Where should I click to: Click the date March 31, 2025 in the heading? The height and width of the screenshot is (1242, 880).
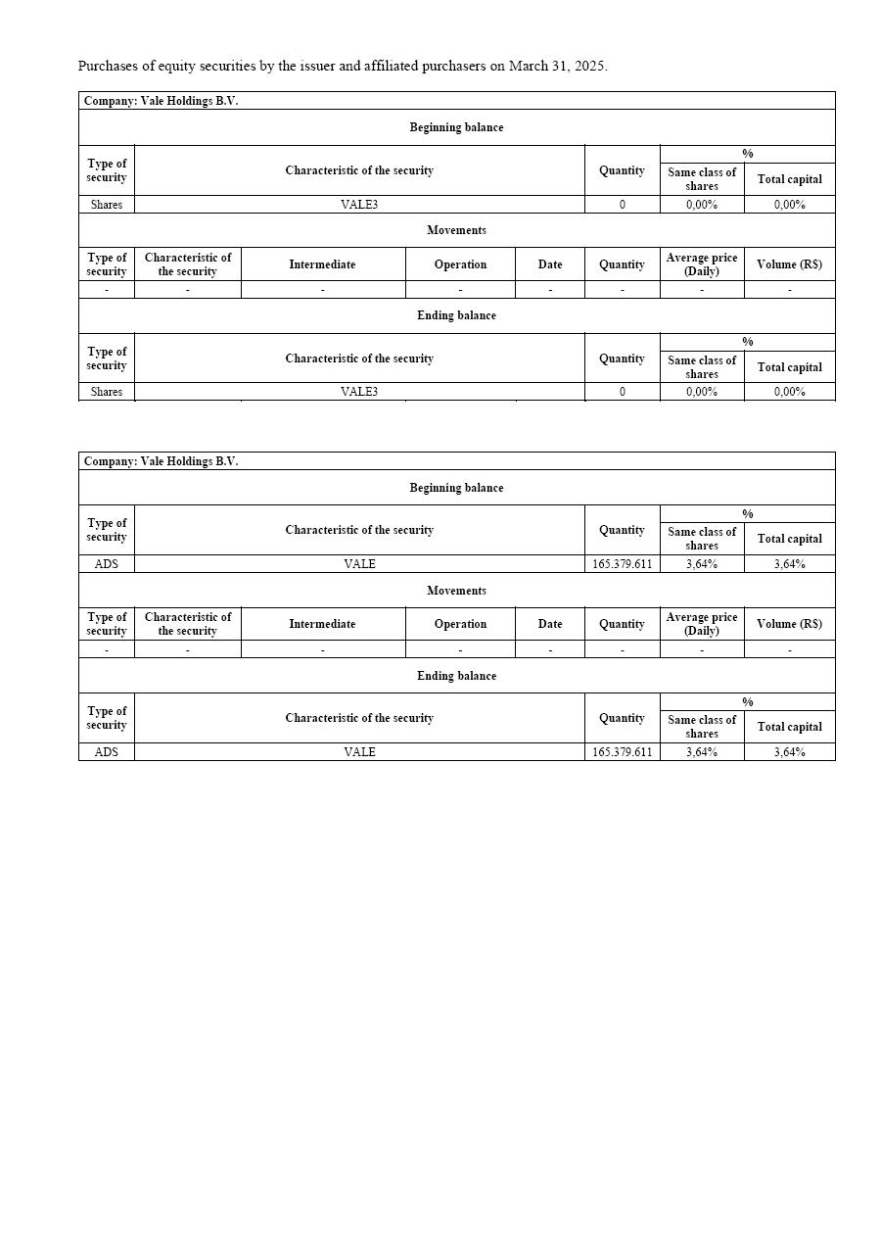pyautogui.click(x=557, y=67)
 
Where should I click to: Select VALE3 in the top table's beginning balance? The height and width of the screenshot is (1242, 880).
pyautogui.click(x=359, y=205)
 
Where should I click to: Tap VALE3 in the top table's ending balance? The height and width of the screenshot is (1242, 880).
pyautogui.click(x=359, y=392)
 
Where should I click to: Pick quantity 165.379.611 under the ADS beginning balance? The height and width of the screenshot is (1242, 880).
pyautogui.click(x=622, y=564)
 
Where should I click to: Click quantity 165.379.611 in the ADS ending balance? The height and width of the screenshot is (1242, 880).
pyautogui.click(x=622, y=752)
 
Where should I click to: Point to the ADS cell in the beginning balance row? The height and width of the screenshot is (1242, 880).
pyautogui.click(x=106, y=564)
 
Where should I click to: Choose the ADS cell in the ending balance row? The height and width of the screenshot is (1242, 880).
pyautogui.click(x=106, y=752)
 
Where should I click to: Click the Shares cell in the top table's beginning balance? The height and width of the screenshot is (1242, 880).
pyautogui.click(x=106, y=205)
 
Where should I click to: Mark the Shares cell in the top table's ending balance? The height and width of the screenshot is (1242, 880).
pyautogui.click(x=106, y=392)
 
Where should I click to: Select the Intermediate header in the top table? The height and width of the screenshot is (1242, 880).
pyautogui.click(x=322, y=264)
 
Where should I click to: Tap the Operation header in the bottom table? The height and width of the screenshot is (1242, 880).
pyautogui.click(x=460, y=624)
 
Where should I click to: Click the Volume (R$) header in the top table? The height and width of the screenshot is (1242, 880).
pyautogui.click(x=789, y=264)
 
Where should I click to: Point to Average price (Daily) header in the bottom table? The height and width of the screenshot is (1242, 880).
pyautogui.click(x=702, y=624)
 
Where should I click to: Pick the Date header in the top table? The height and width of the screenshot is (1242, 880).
pyautogui.click(x=550, y=264)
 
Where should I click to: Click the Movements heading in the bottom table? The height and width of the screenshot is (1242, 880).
pyautogui.click(x=456, y=591)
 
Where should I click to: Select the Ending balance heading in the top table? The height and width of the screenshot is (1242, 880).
pyautogui.click(x=456, y=315)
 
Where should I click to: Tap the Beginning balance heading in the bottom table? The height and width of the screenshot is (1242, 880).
pyautogui.click(x=456, y=488)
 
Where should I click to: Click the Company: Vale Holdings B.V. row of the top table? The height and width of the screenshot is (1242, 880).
pyautogui.click(x=162, y=101)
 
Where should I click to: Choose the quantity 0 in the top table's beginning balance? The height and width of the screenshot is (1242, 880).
pyautogui.click(x=622, y=205)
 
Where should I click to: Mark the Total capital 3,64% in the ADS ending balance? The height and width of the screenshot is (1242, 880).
pyautogui.click(x=789, y=752)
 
